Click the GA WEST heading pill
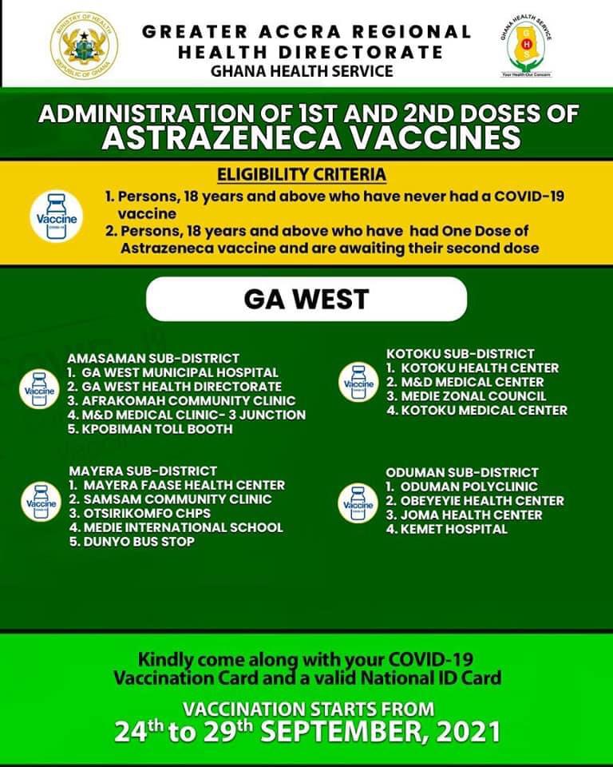306,299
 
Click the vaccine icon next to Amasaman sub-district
40,389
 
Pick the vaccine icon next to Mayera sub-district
40,502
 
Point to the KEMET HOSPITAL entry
453,529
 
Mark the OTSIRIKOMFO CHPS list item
147,513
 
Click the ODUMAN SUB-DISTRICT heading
461,472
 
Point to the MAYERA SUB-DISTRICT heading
142,471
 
